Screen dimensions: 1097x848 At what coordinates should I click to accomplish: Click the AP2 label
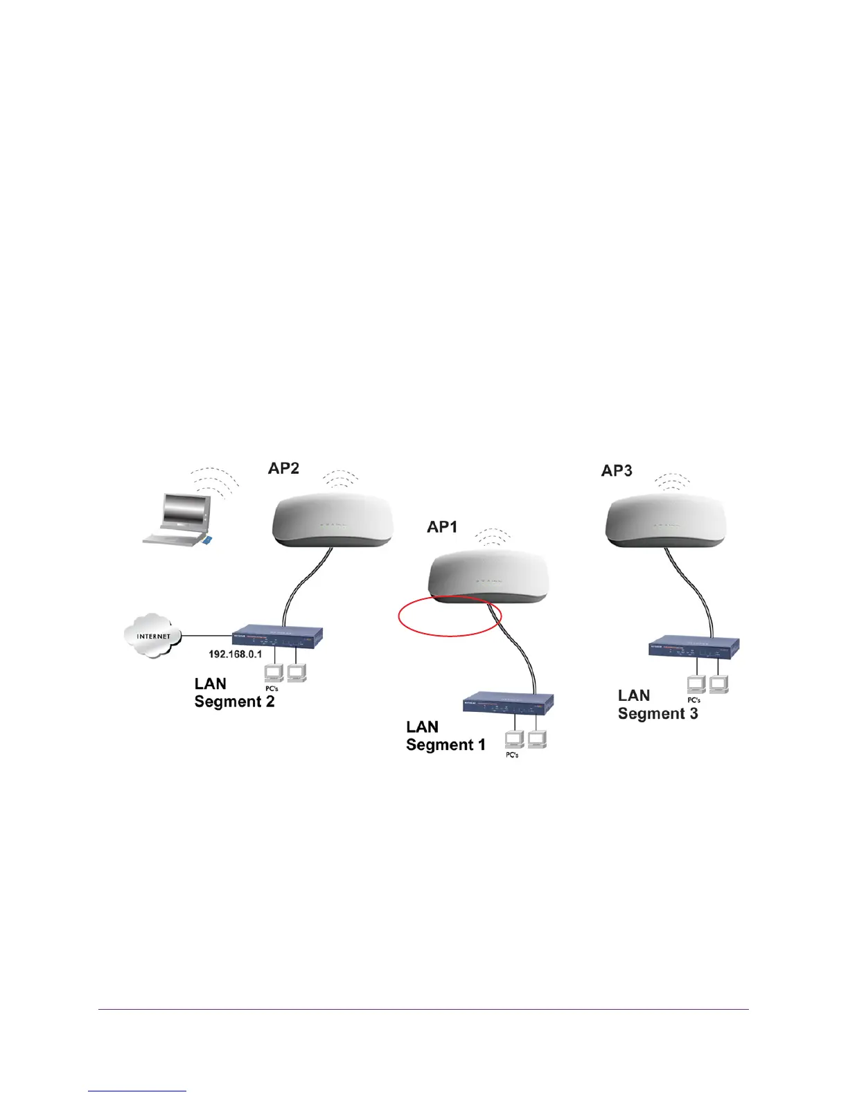(x=283, y=469)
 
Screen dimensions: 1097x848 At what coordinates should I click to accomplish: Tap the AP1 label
(x=442, y=528)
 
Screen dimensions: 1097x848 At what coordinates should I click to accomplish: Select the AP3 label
(x=617, y=471)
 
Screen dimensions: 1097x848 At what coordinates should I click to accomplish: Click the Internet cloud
(x=152, y=635)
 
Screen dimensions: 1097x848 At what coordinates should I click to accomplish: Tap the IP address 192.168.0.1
(x=236, y=654)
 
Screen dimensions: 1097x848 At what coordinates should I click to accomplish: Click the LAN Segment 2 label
(x=234, y=693)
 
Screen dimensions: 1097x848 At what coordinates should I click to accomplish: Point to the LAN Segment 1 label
(x=445, y=736)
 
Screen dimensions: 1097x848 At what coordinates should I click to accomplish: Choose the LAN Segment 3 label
(x=657, y=704)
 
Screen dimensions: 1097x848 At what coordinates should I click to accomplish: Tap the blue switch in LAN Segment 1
(x=508, y=704)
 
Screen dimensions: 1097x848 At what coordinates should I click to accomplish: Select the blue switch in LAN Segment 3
(x=694, y=647)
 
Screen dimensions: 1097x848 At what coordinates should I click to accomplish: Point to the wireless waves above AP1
(x=493, y=537)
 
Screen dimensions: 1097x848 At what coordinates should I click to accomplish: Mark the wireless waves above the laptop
(x=216, y=479)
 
